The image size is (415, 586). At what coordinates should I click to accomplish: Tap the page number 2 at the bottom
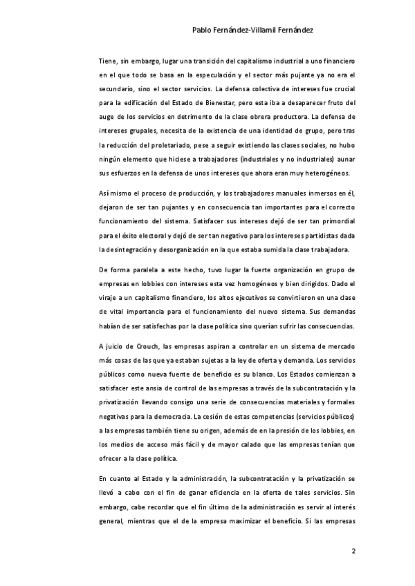coord(353,551)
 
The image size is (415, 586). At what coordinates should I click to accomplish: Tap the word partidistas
coord(322,235)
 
